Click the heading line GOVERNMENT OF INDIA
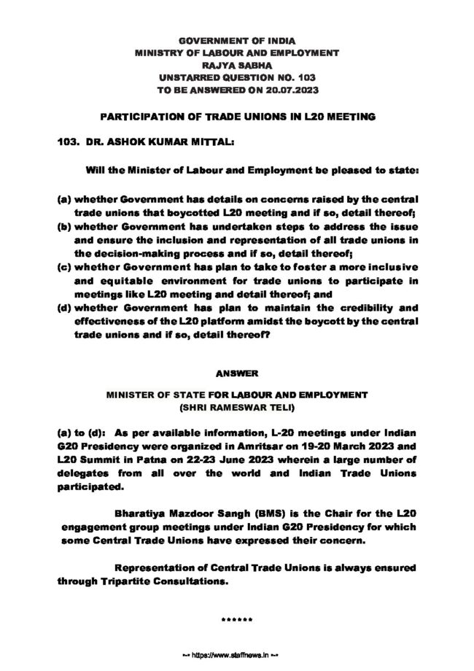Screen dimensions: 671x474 [x=237, y=39]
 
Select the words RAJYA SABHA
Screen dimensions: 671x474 [x=237, y=63]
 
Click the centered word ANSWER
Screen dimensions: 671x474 [x=237, y=373]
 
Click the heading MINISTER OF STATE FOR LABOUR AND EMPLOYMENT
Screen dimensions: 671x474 [x=237, y=393]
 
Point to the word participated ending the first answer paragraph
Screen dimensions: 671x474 [x=90, y=486]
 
